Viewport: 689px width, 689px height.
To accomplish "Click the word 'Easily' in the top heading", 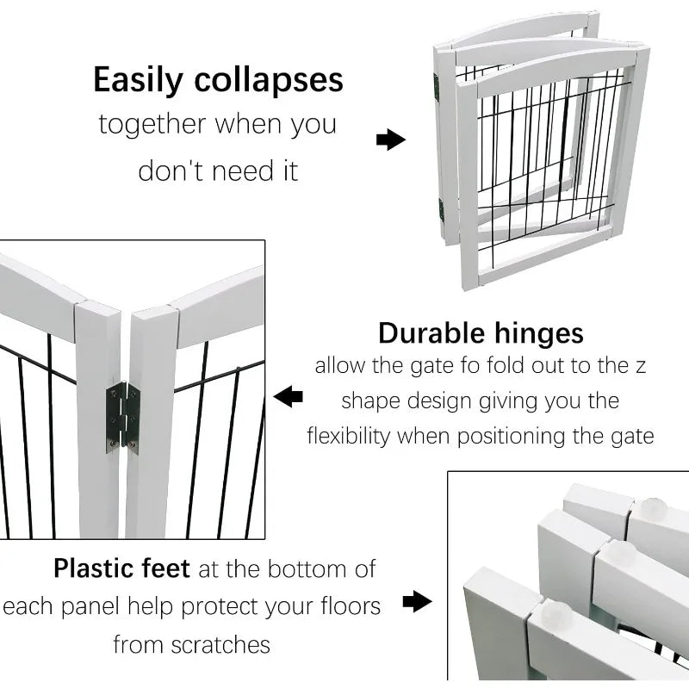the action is point(138,80).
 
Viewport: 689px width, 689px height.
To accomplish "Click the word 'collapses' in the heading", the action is point(269,79).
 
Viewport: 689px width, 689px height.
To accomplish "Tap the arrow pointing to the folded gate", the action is point(391,140).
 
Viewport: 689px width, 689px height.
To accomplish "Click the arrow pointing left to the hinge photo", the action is point(289,396).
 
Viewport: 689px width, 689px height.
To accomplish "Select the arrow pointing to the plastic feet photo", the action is point(417,601).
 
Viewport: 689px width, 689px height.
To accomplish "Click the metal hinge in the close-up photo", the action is point(123,418).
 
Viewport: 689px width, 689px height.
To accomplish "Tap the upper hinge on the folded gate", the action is point(437,87).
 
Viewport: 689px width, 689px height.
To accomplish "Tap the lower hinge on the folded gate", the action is point(441,210).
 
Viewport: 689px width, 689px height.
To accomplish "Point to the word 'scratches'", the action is point(220,645).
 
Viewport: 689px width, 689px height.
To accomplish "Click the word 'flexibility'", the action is point(349,437).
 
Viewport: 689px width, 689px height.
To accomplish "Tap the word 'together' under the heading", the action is point(152,124).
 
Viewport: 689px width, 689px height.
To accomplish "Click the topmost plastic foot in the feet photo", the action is point(654,508).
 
